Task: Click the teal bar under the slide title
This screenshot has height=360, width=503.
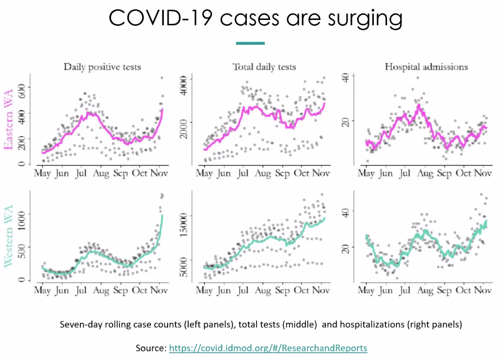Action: coord(250,43)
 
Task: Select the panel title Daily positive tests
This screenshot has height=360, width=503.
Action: coord(102,67)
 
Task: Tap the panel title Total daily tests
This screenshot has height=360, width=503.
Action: coord(264,67)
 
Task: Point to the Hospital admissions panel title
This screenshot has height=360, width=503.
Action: coord(426,67)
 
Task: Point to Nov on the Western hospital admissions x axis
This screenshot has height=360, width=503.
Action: coord(482,291)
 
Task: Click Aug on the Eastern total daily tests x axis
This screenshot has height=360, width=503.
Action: coord(263,173)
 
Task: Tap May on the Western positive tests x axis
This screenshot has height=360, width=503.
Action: coord(42,291)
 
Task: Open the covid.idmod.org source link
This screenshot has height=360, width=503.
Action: coord(268,348)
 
